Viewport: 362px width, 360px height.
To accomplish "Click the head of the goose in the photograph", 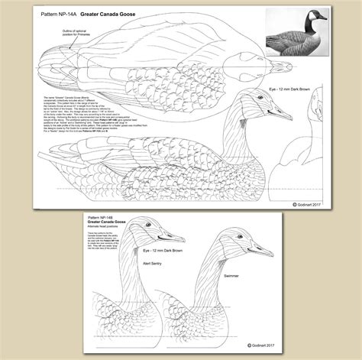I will click(x=316, y=17).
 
